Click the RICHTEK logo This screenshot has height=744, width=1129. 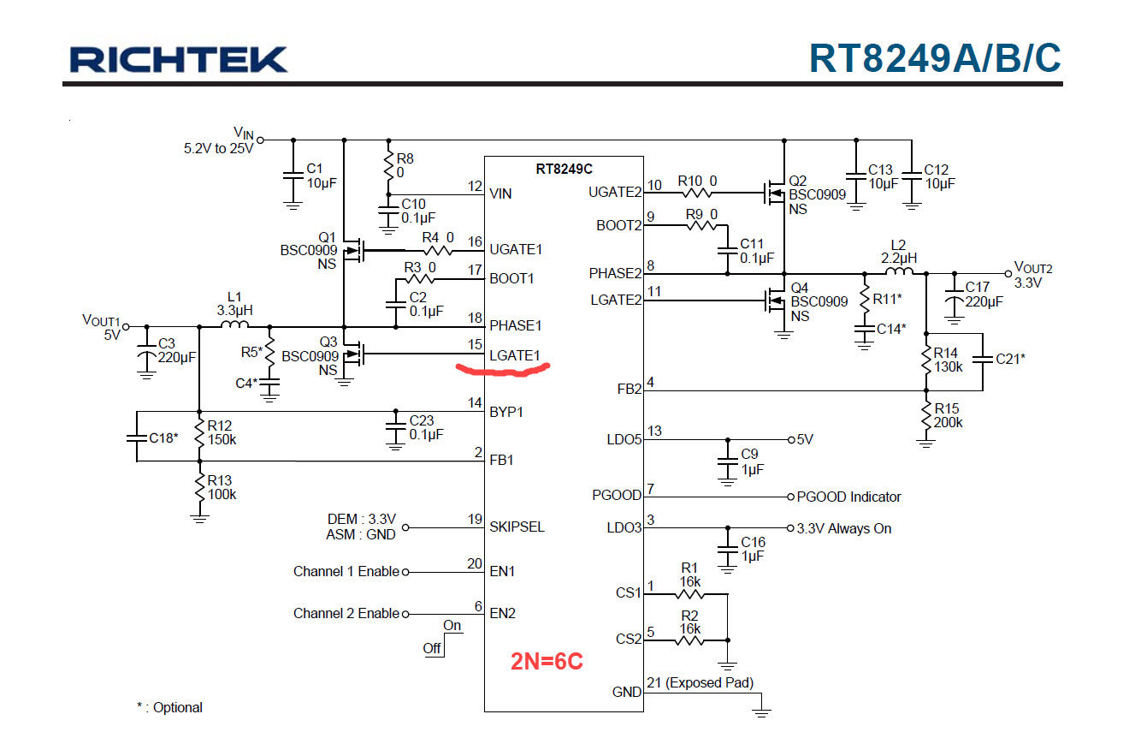click(179, 59)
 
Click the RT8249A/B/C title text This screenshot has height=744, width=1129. click(935, 58)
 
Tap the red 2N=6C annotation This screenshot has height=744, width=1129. click(547, 662)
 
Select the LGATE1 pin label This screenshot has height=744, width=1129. click(515, 355)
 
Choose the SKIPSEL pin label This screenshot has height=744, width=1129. click(517, 527)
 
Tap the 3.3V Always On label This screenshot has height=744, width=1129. click(843, 528)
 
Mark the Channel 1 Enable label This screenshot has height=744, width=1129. click(346, 571)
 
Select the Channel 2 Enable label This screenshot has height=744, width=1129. click(346, 613)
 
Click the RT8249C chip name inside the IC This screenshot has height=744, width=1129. click(564, 169)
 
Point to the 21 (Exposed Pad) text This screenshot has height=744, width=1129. click(700, 682)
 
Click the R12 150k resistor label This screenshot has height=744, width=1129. click(220, 432)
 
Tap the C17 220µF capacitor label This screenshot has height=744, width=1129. click(984, 295)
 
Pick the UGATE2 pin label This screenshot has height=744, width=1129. click(615, 193)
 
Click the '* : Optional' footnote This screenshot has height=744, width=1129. click(169, 707)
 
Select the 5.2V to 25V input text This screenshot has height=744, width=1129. click(218, 148)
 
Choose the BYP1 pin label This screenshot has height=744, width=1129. click(506, 412)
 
